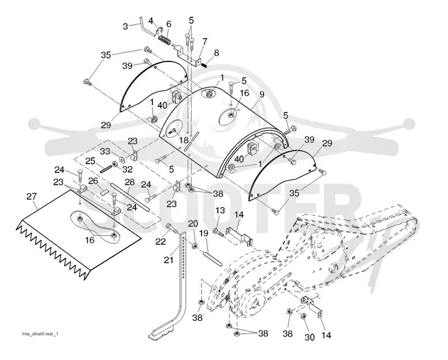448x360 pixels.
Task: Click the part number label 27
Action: [x=31, y=197]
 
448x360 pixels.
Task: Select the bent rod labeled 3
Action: [x=147, y=26]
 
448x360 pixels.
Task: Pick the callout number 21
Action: [x=169, y=260]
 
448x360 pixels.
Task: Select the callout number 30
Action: [x=310, y=337]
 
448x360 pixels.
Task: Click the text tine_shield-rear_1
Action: [x=40, y=334]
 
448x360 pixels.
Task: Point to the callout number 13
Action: [x=220, y=211]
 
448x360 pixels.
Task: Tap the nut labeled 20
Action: [x=195, y=245]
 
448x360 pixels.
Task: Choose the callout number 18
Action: [x=184, y=140]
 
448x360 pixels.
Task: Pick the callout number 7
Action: [x=204, y=42]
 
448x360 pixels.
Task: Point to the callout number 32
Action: [x=128, y=170]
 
